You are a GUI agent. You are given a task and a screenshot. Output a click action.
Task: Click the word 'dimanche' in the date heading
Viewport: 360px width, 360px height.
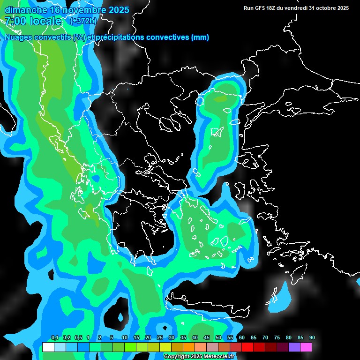(x=25, y=9)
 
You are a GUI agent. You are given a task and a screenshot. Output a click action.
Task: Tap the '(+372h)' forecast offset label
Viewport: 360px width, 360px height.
(x=83, y=21)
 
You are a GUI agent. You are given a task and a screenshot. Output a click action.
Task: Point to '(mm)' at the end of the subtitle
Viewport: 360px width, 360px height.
(x=200, y=37)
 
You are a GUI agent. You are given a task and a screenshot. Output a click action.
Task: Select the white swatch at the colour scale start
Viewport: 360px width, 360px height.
(x=48, y=347)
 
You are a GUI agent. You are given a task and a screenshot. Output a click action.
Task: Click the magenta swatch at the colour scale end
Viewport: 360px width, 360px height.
(x=306, y=347)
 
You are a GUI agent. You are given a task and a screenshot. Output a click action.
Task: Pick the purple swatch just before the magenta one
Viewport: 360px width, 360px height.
(x=294, y=347)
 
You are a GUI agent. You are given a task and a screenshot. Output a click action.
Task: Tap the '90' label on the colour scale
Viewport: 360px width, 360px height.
(x=312, y=337)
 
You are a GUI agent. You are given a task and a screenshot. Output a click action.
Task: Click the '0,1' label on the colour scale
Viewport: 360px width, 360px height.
(x=54, y=337)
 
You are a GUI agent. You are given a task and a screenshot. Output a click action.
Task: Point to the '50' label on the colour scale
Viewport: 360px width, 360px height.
(x=218, y=337)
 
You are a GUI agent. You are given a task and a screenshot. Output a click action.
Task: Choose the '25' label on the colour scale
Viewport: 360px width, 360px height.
(x=160, y=337)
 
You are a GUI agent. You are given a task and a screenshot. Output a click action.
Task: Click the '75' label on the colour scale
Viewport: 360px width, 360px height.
(x=277, y=337)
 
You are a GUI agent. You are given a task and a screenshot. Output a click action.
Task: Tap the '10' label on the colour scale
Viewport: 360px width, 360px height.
(x=125, y=337)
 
